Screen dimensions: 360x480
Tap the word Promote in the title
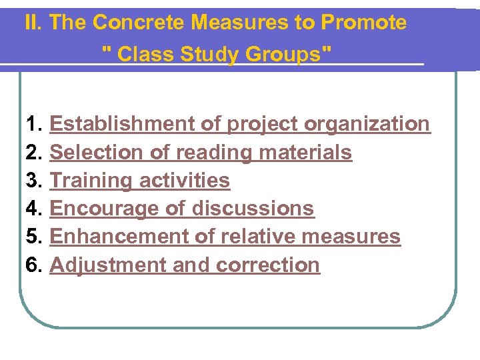click(363, 23)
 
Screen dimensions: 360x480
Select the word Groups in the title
click(287, 53)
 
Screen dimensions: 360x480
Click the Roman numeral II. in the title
click(34, 23)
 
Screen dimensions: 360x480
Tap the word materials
click(305, 153)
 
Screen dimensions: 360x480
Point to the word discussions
click(253, 209)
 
